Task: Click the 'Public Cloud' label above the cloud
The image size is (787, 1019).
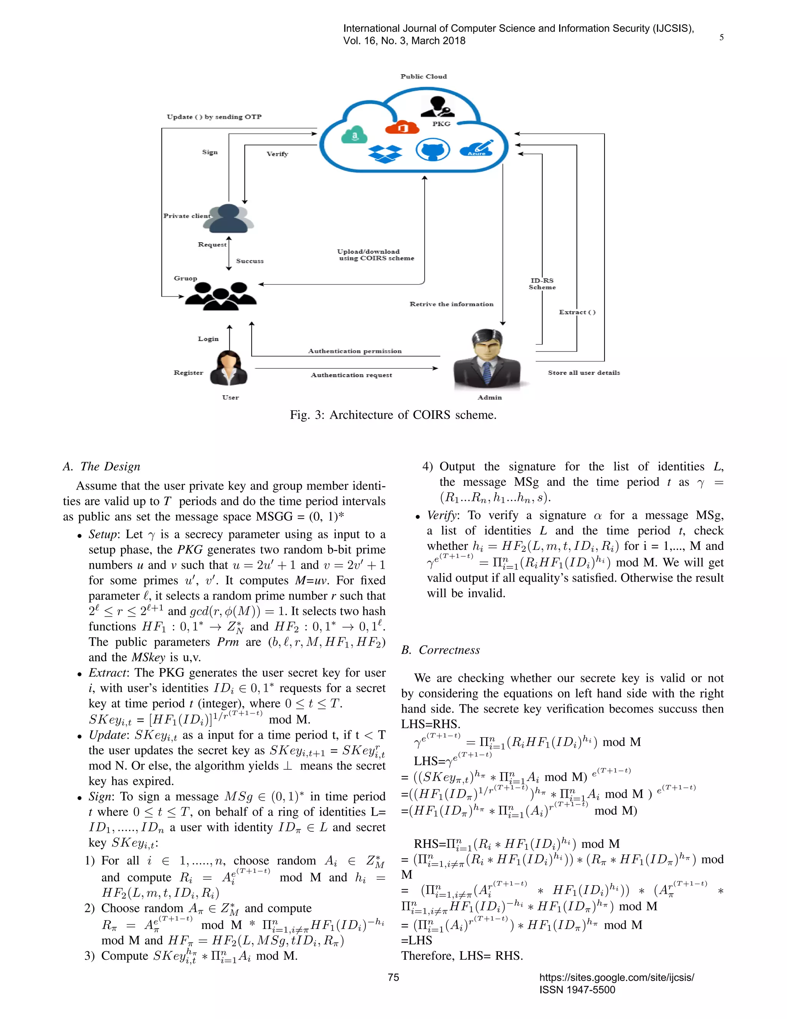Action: pos(423,77)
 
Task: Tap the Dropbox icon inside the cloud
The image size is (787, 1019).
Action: pos(385,153)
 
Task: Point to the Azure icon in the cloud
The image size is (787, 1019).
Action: pos(477,148)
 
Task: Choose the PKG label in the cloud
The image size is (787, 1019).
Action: pos(441,124)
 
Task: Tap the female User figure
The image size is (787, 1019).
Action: pos(229,369)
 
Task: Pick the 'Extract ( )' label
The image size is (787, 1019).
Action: pos(577,312)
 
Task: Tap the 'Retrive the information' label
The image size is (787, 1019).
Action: pos(451,304)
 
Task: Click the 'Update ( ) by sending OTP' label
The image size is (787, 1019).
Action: pos(214,117)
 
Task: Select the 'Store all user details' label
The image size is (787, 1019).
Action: pos(584,372)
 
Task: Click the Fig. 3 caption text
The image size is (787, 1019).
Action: pos(393,415)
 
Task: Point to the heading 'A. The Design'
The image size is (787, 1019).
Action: pos(101,466)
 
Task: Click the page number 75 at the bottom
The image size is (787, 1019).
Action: pos(393,977)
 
